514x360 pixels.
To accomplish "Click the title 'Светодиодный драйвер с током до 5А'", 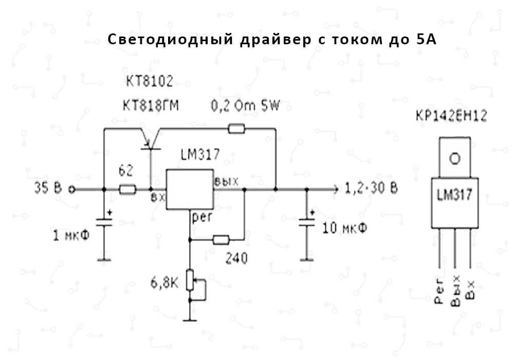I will (x=272, y=40).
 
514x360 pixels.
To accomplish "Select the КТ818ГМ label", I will (x=153, y=105).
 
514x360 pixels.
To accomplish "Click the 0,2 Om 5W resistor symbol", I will (x=236, y=129).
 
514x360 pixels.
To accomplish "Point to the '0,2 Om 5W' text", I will (x=246, y=106).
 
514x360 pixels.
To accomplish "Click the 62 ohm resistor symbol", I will (x=127, y=189).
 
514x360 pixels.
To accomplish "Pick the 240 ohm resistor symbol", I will (x=221, y=239).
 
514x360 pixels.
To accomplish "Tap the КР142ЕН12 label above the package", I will (x=452, y=117).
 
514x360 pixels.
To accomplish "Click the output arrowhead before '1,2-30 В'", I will (x=335, y=189).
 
